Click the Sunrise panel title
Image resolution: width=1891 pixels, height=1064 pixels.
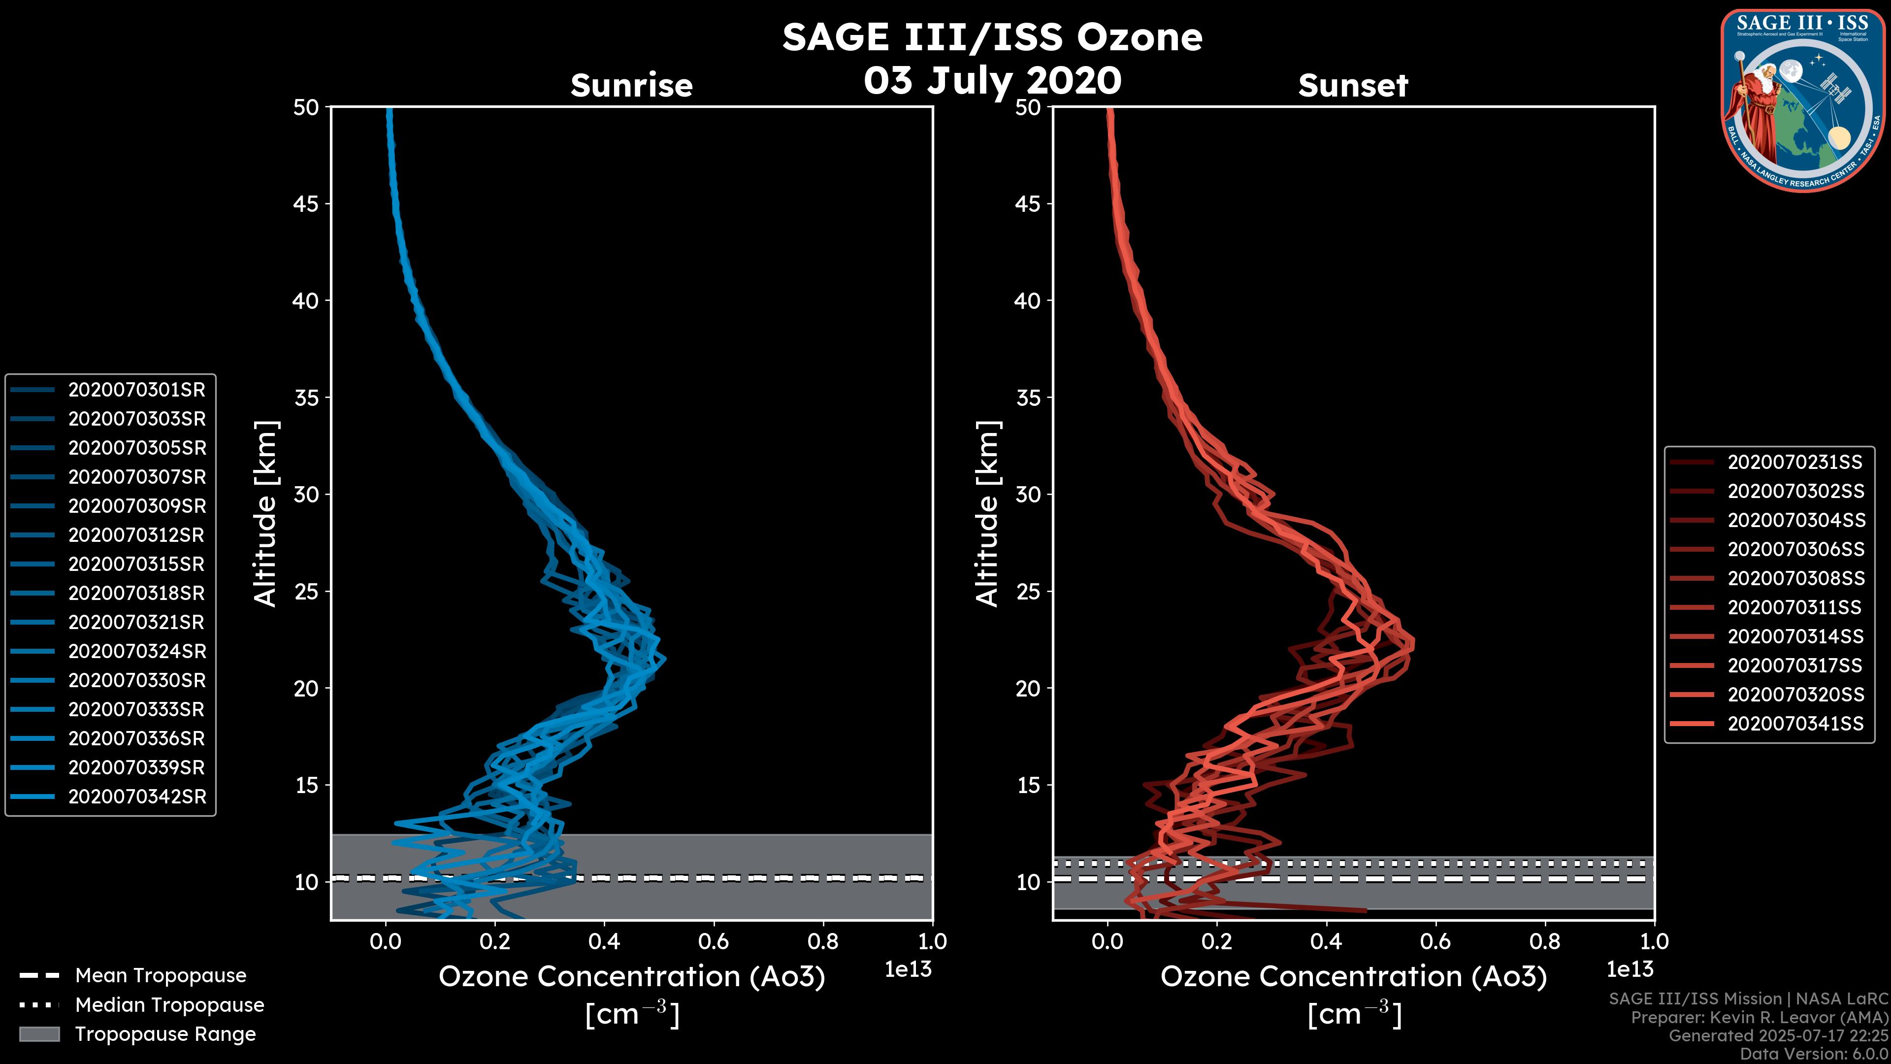click(x=631, y=85)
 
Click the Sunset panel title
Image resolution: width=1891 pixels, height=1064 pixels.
click(x=1353, y=85)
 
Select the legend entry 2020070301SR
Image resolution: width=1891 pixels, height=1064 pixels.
click(x=136, y=390)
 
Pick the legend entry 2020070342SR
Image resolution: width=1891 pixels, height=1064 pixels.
click(x=136, y=797)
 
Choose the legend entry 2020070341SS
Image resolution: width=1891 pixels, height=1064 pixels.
click(x=1795, y=723)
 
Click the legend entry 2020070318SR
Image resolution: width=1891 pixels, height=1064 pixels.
click(x=136, y=593)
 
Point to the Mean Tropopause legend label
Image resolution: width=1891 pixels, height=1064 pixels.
click(x=161, y=976)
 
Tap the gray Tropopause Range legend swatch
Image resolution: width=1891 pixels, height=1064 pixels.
click(x=39, y=1034)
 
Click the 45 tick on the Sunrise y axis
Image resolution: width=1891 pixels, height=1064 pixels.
click(x=306, y=203)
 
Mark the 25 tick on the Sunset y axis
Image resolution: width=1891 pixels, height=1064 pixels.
click(x=1028, y=591)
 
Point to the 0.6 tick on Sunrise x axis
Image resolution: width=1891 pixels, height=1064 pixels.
click(x=714, y=941)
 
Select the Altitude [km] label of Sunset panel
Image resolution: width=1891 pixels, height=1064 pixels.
click(x=987, y=514)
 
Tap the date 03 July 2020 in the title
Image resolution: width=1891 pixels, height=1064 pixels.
click(x=992, y=81)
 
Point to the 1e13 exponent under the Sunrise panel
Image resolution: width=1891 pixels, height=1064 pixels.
click(x=908, y=969)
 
